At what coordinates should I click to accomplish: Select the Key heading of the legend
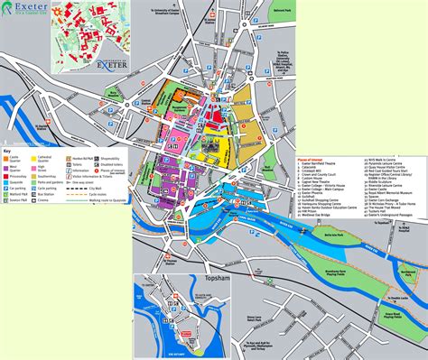(x=8, y=149)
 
